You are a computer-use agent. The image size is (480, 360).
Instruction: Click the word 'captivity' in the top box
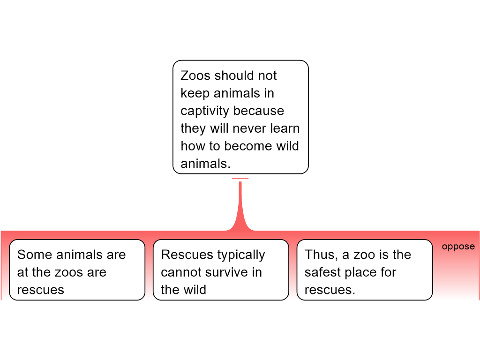[204, 111]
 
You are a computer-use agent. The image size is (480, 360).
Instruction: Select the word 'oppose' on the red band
[458, 247]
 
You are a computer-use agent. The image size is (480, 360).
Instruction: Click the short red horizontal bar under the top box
[240, 179]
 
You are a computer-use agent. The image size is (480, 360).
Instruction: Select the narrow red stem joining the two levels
[240, 202]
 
